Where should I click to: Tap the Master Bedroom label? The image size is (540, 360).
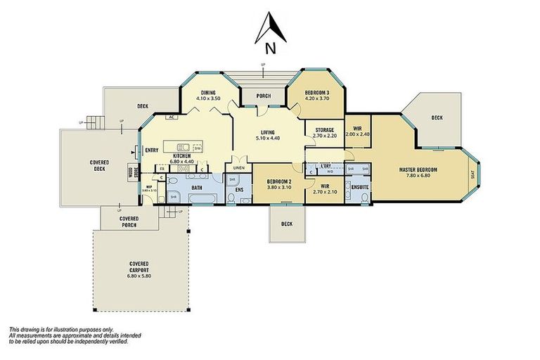pyautogui.click(x=418, y=169)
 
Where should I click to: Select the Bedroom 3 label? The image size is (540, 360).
pyautogui.click(x=317, y=93)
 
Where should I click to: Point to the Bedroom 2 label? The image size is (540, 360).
pyautogui.click(x=279, y=181)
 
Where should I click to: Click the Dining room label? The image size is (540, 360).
pyautogui.click(x=208, y=93)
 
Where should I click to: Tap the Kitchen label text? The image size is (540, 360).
pyautogui.click(x=183, y=155)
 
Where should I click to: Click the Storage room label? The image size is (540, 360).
pyautogui.click(x=324, y=129)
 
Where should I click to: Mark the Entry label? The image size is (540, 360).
pyautogui.click(x=151, y=150)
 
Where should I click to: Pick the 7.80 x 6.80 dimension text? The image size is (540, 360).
pyautogui.click(x=418, y=176)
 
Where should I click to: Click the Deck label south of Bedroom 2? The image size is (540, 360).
pyautogui.click(x=286, y=224)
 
